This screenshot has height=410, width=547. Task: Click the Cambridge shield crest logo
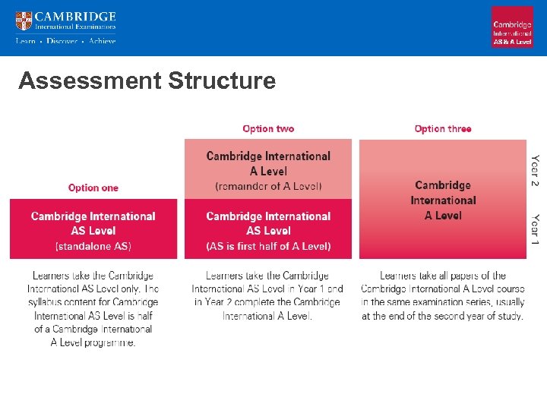(24, 20)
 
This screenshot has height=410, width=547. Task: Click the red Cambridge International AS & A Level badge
(512, 27)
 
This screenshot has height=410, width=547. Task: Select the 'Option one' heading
(93, 188)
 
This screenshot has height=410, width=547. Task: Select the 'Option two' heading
(268, 129)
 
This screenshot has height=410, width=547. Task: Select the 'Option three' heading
(443, 129)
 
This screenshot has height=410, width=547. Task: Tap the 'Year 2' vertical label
(536, 172)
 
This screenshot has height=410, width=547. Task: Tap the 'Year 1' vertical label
(536, 229)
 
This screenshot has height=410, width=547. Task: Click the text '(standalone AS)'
(93, 246)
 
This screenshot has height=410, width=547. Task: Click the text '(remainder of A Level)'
(268, 186)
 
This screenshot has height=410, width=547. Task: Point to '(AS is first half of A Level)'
(268, 246)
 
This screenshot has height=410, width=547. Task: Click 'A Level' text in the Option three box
(443, 216)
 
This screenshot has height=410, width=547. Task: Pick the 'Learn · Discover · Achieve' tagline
(66, 41)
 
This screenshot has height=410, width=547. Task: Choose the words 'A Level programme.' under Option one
(93, 342)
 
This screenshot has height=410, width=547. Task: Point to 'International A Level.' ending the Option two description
(267, 316)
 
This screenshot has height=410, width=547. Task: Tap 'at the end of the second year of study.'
(443, 316)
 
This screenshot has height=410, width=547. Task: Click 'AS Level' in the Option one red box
(93, 231)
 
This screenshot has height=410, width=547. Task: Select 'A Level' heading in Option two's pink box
(268, 171)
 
